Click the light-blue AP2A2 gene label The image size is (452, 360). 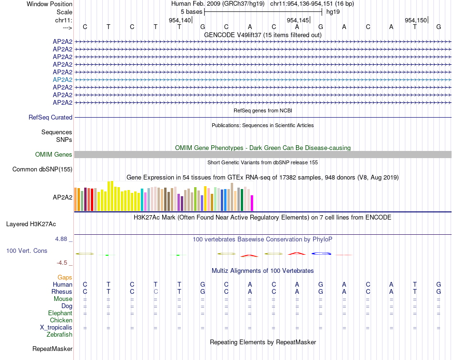[62, 80]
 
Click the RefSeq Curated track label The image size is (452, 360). [50, 117]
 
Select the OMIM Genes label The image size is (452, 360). [54, 154]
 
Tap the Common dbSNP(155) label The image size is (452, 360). [42, 169]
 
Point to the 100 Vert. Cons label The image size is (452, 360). [27, 250]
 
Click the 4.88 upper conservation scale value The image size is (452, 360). [61, 239]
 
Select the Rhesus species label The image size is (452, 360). [62, 291]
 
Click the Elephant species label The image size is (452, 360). [60, 313]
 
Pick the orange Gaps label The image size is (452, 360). [65, 277]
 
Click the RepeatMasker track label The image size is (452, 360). [52, 349]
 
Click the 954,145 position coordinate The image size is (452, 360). [298, 20]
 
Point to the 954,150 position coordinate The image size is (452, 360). [416, 20]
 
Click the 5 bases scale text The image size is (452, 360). [191, 11]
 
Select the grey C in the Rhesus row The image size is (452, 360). [156, 291]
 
